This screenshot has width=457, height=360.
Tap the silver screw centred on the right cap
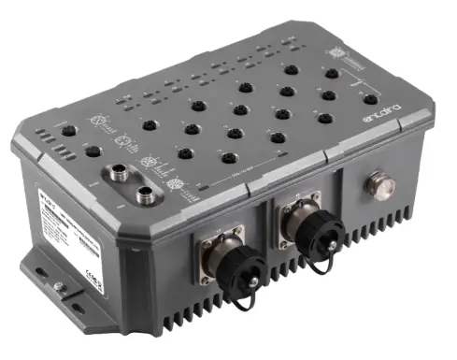click(305, 236)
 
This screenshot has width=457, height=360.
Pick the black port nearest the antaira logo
click(371, 100)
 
